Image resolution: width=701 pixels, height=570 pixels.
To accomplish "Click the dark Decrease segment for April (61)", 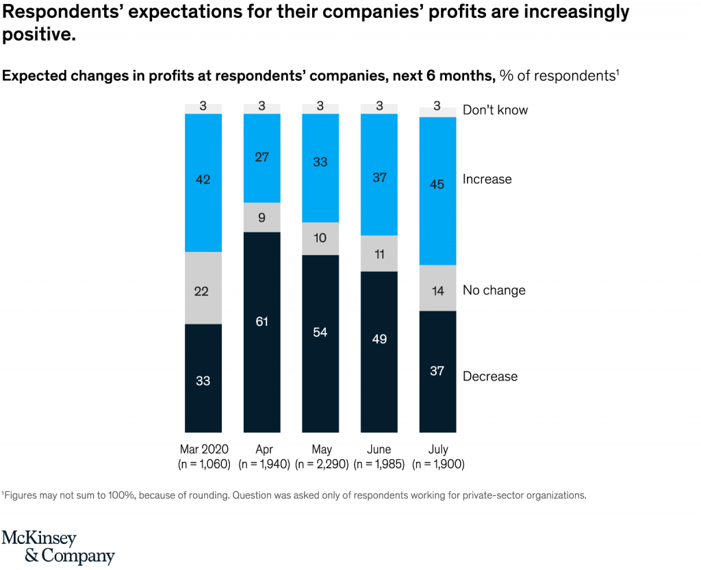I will pos(262,332).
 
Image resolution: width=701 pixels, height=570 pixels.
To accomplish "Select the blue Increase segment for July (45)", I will pos(437,191).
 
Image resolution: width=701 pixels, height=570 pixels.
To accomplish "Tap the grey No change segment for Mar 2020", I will pos(203,287).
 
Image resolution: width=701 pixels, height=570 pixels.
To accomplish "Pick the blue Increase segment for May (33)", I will pos(320,168).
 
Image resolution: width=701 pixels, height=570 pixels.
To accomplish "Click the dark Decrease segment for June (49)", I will pos(379,351).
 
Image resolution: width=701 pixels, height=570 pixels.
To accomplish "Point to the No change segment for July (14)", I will pos(437,288).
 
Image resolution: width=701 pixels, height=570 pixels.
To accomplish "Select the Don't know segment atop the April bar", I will pos(262,108).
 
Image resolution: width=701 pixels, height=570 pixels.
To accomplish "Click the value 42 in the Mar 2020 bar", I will pos(203,180).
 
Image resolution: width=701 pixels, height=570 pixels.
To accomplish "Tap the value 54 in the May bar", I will pos(320,333).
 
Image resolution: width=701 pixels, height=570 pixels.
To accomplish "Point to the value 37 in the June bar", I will pos(379,178).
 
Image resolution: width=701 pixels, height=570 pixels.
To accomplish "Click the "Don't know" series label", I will pos(495,110).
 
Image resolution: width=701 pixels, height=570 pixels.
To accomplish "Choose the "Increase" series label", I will pos(487,179).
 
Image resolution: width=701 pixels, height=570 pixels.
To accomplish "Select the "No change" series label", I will pos(494,290).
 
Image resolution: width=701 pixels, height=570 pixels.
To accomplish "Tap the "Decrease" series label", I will pos(490,376).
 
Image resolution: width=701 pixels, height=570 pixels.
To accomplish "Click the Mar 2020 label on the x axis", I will pos(204,450).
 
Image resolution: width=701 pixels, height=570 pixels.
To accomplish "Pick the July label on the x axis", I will pos(437,450).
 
